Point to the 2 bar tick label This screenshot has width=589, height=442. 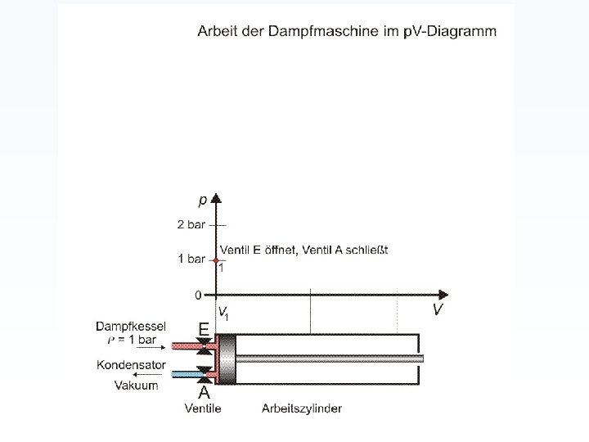point(191,224)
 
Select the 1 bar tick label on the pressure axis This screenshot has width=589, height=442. point(191,259)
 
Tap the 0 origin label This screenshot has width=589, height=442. point(198,294)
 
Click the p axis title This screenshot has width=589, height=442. point(202,201)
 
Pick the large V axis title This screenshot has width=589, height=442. point(438,309)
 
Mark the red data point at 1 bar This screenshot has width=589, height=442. point(216,259)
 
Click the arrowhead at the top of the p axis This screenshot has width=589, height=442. point(216,198)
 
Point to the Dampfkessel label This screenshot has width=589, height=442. point(131,326)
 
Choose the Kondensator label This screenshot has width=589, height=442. point(131,365)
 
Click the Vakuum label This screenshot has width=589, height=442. point(136,385)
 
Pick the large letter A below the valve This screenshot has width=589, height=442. point(204,393)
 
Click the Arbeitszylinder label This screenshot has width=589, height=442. point(302,408)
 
